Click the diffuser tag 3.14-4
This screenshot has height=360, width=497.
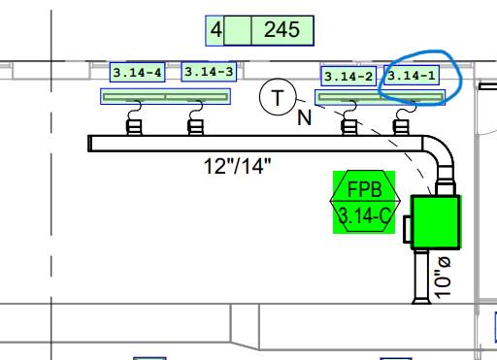click(x=138, y=72)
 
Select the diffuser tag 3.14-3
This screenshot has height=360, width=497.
click(x=209, y=72)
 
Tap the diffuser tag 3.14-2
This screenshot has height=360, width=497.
click(x=348, y=77)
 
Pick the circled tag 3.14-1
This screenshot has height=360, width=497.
click(x=412, y=76)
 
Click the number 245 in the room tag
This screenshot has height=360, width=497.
click(x=282, y=30)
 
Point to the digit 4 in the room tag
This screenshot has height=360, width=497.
click(x=216, y=30)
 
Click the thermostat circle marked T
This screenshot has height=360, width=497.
click(x=278, y=97)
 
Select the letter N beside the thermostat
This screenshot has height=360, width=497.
click(x=304, y=117)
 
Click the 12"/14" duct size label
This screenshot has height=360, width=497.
click(x=237, y=166)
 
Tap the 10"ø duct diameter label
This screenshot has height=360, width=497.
click(x=442, y=278)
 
